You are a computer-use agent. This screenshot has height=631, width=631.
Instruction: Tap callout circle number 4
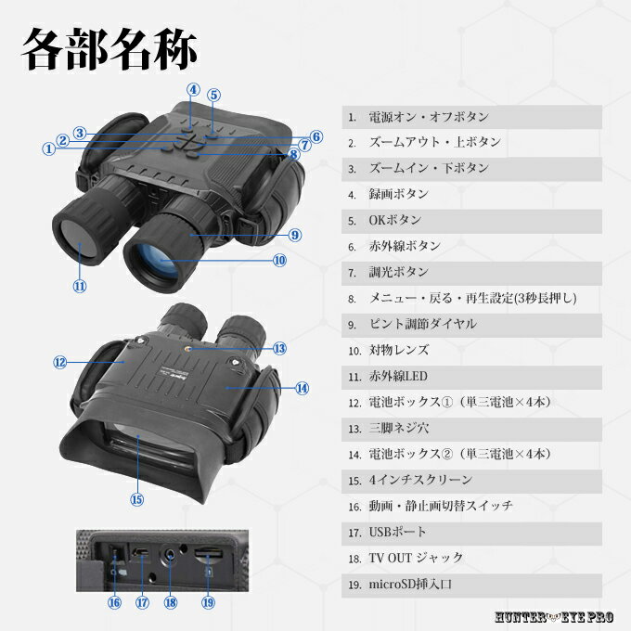pos(193,90)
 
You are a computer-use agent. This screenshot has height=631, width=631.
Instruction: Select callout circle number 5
pos(214,95)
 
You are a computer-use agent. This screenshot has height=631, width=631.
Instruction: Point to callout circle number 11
pos(79,287)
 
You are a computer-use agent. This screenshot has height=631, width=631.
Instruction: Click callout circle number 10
pos(279,261)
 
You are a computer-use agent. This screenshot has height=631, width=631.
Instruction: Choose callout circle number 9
pos(294,236)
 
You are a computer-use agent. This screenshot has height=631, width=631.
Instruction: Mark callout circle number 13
pos(279,348)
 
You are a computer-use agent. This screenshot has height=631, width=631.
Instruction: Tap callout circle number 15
pos(137,498)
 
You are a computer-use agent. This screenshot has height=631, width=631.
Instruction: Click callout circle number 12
pos(60,362)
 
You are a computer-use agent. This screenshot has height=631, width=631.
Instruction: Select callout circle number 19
pos(208,602)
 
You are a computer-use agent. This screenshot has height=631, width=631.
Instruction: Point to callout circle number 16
pos(114,602)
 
